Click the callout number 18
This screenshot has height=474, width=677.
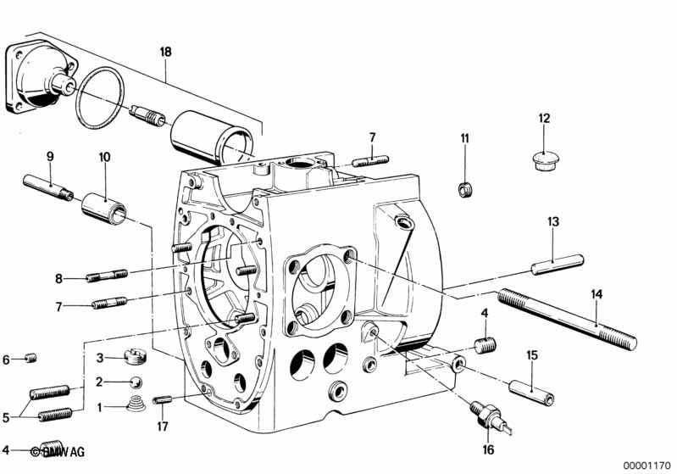pyautogui.click(x=165, y=53)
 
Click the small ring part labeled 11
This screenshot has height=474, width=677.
pyautogui.click(x=464, y=188)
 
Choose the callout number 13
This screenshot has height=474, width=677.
pyautogui.click(x=552, y=222)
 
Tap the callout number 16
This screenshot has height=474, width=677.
pyautogui.click(x=487, y=450)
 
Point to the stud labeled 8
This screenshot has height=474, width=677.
pyautogui.click(x=107, y=276)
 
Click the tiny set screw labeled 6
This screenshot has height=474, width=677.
pyautogui.click(x=31, y=359)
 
